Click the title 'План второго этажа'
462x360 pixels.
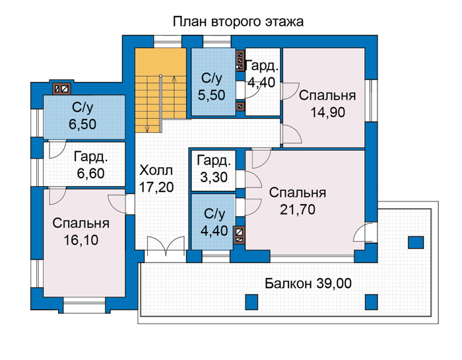pyautogui.click(x=238, y=22)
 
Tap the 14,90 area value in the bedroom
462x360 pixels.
pyautogui.click(x=327, y=112)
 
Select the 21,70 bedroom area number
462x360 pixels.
pyautogui.click(x=298, y=209)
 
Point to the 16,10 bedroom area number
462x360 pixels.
pyautogui.click(x=81, y=240)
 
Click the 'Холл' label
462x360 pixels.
pyautogui.click(x=156, y=170)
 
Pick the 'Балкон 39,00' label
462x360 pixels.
pyautogui.click(x=308, y=283)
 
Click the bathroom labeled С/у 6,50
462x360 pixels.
pyautogui.click(x=84, y=117)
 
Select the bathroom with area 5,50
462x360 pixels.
pyautogui.click(x=213, y=82)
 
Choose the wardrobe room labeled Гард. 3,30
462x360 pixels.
pyautogui.click(x=213, y=170)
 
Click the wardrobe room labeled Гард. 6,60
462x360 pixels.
pyautogui.click(x=84, y=164)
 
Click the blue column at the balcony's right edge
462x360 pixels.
pyautogui.click(x=416, y=242)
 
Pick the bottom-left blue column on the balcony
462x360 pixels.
pyautogui.click(x=251, y=302)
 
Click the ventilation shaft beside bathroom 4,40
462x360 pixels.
pyautogui.click(x=240, y=235)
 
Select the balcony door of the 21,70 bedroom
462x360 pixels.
pyautogui.click(x=366, y=233)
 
